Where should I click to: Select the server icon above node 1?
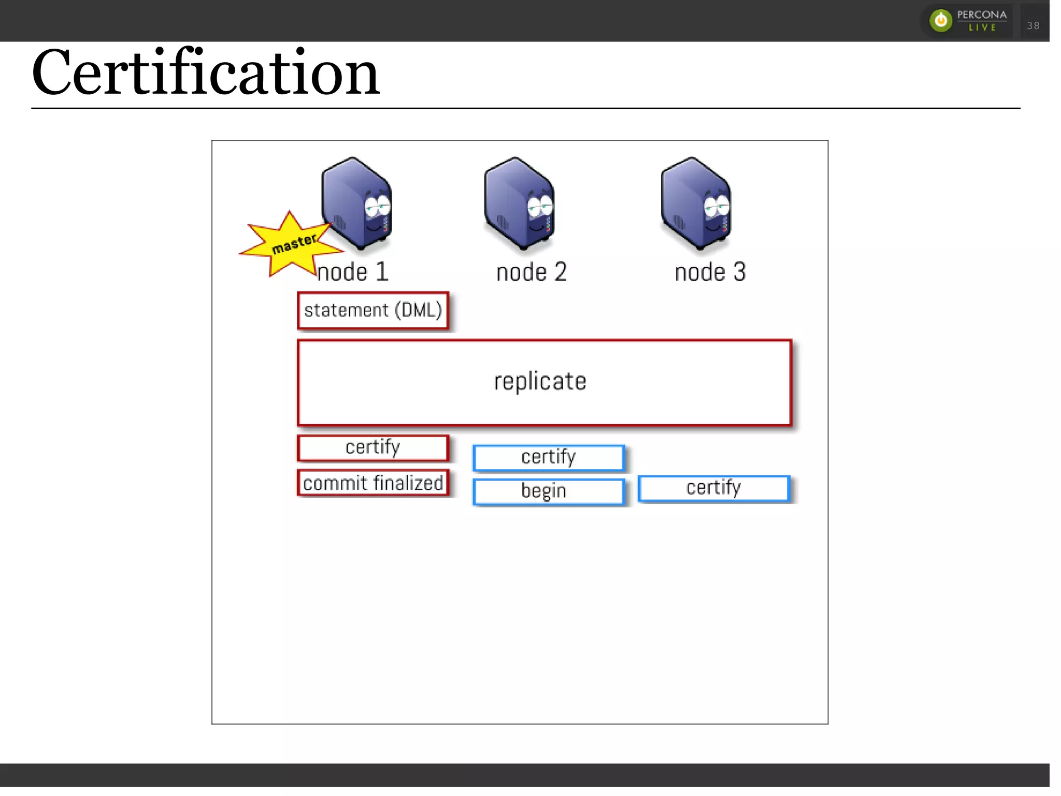tap(356, 204)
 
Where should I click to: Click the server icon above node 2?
tap(519, 204)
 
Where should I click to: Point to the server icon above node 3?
tap(696, 204)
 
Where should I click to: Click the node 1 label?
tap(353, 272)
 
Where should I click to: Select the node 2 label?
tap(532, 272)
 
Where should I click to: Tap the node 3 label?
tap(710, 272)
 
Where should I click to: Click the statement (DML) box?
tap(373, 310)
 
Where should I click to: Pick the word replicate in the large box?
tap(540, 381)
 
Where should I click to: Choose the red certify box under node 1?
tap(373, 447)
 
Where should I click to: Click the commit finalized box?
tap(373, 483)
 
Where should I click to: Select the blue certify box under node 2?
tap(549, 457)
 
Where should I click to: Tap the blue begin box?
tap(549, 491)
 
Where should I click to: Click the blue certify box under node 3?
tap(714, 488)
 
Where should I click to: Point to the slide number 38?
tap(1033, 25)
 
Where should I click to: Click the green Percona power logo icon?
tap(941, 21)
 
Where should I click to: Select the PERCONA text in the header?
tap(982, 15)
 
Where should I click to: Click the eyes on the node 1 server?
tap(378, 207)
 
